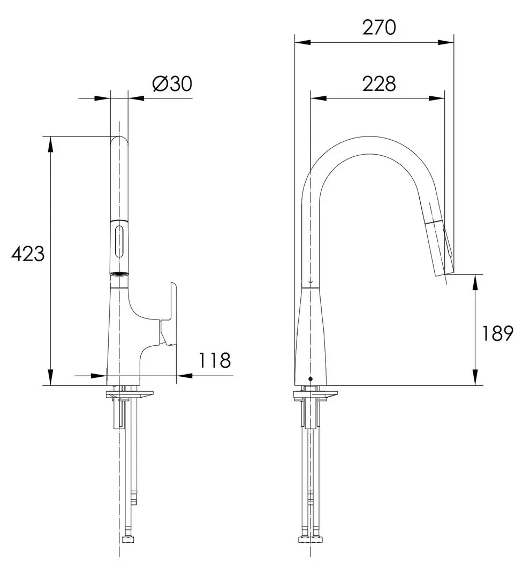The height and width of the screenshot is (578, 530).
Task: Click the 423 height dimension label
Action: [x=28, y=254]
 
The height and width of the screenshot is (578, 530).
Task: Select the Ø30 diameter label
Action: [x=172, y=84]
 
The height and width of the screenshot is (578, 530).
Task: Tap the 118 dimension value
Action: [x=215, y=360]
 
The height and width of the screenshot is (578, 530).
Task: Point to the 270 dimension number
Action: [x=379, y=27]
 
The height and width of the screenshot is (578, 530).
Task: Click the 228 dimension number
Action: [x=379, y=83]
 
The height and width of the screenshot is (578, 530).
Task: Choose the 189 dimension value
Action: [x=497, y=333]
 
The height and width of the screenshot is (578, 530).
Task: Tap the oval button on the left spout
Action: [x=119, y=242]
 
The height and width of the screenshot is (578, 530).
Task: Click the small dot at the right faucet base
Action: [x=309, y=379]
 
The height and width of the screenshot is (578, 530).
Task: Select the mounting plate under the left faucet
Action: [x=132, y=395]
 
